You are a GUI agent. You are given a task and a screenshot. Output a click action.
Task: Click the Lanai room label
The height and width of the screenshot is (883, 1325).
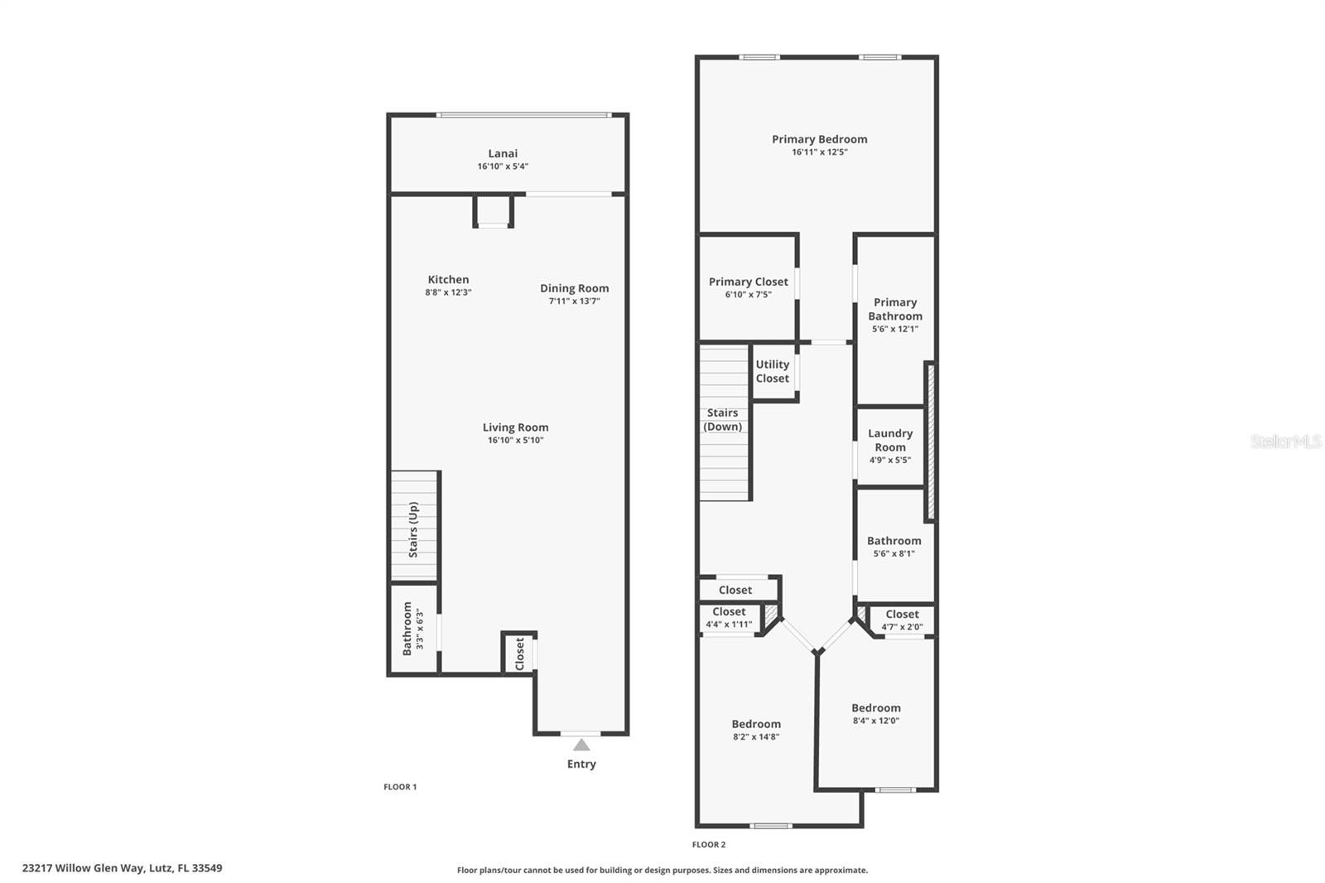click(x=503, y=153)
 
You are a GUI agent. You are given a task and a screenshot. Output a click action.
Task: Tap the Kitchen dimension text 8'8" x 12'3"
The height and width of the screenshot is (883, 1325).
click(x=448, y=292)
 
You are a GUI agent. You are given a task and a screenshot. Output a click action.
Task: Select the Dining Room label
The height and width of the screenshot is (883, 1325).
click(x=574, y=288)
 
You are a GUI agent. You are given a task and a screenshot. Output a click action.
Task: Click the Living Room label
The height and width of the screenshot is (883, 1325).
click(x=515, y=427)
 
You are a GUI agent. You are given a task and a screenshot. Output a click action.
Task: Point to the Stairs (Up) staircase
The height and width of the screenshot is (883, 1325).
click(x=413, y=528)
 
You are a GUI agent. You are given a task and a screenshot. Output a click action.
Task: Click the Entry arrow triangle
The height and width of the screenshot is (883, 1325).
click(x=581, y=745)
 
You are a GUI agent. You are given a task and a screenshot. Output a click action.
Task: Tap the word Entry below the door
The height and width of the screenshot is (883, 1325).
click(x=581, y=764)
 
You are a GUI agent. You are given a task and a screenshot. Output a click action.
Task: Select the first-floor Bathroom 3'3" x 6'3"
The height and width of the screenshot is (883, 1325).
click(x=412, y=630)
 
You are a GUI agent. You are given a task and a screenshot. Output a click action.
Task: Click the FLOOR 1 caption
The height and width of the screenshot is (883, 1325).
click(x=400, y=787)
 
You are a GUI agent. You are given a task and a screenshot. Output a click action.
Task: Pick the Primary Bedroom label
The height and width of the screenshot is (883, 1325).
click(x=819, y=139)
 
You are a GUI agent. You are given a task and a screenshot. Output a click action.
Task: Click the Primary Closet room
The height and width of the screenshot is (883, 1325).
click(x=748, y=287)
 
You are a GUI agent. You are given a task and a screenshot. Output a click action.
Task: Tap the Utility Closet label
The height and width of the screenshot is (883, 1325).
click(x=772, y=371)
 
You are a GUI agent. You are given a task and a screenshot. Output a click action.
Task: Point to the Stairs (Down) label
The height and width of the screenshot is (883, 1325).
click(x=722, y=419)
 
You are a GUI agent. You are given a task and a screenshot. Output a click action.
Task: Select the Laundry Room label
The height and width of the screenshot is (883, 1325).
click(x=890, y=440)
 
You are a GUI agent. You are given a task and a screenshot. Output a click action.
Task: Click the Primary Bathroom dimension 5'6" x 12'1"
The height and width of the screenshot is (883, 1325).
click(x=894, y=329)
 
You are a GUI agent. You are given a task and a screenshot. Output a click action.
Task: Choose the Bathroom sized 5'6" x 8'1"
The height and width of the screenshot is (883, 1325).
click(x=894, y=546)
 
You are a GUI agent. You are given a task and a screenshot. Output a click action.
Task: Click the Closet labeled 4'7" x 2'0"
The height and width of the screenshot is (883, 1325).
click(x=902, y=620)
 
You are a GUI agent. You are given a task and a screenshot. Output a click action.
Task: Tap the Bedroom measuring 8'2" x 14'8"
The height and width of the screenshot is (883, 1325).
click(x=756, y=729)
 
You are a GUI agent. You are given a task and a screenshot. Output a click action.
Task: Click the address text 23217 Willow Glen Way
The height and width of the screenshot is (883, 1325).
click(x=122, y=868)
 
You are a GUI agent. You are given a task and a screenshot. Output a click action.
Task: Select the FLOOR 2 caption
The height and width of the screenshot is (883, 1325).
click(x=709, y=845)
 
